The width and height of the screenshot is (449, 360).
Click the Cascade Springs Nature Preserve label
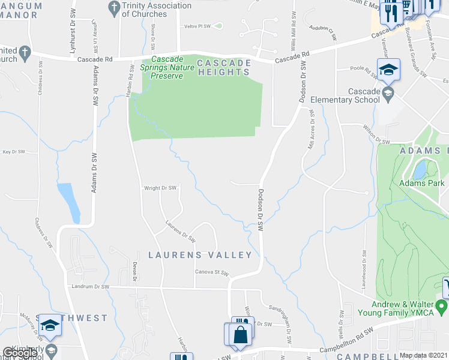[172, 67]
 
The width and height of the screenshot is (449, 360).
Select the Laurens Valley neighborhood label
[200, 255]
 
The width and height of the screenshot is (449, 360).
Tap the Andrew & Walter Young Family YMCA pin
[443, 308]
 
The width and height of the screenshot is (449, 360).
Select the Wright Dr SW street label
[160, 188]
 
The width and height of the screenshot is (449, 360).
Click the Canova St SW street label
[212, 272]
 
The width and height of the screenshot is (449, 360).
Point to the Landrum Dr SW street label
[89, 287]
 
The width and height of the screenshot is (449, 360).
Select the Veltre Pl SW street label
[197, 26]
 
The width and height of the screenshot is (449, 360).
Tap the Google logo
[20, 353]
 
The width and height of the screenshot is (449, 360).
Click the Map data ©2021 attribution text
[424, 355]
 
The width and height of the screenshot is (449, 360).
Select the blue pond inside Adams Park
[420, 169]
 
